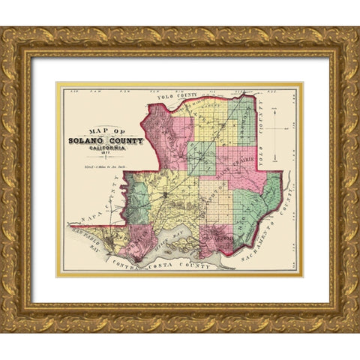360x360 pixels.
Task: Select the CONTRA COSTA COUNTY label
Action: coord(161,263)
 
